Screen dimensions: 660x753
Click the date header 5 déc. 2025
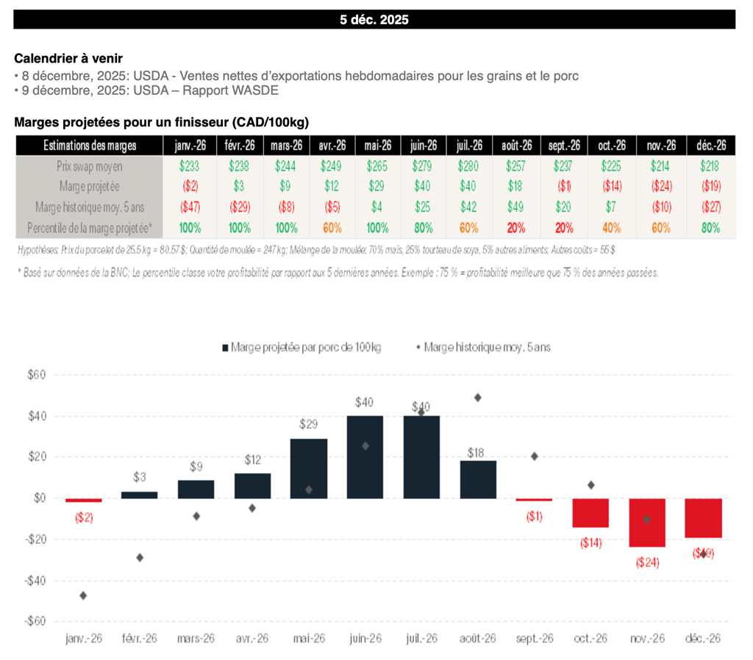[x=374, y=20]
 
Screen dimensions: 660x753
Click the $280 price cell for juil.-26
[x=468, y=167]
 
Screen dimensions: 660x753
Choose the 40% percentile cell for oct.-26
[x=611, y=228]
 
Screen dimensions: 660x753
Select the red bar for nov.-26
[x=646, y=523]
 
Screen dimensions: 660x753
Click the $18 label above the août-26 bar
[x=478, y=453]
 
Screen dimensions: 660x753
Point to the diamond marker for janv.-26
[x=83, y=595]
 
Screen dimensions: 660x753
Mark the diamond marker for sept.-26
[x=535, y=456]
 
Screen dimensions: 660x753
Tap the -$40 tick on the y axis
[x=35, y=581]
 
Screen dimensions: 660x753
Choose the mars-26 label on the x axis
[x=196, y=639]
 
